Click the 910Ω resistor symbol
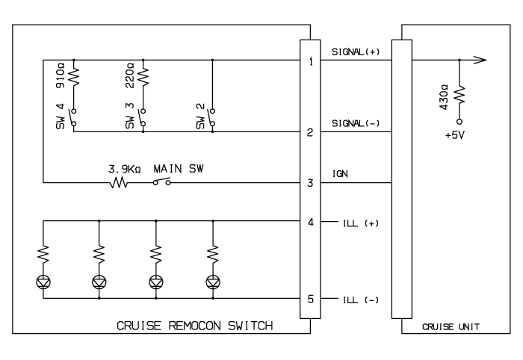[x=74, y=78]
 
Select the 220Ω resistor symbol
[x=143, y=78]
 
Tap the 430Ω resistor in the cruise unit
[x=459, y=95]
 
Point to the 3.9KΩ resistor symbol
[x=119, y=183]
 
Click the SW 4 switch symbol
[x=73, y=117]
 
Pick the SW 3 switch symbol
[x=143, y=117]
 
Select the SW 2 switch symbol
[x=211, y=117]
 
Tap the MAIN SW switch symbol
[x=162, y=181]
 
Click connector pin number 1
[x=311, y=61]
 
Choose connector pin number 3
[x=310, y=183]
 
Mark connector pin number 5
[x=311, y=299]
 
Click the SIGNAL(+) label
[x=356, y=52]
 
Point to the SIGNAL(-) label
[x=356, y=123]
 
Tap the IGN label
[x=340, y=174]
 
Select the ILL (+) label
[x=361, y=223]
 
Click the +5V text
[x=455, y=135]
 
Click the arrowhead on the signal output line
[x=480, y=60]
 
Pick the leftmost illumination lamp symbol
[x=43, y=282]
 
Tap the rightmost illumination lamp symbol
[x=213, y=282]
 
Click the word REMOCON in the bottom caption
[x=194, y=326]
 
